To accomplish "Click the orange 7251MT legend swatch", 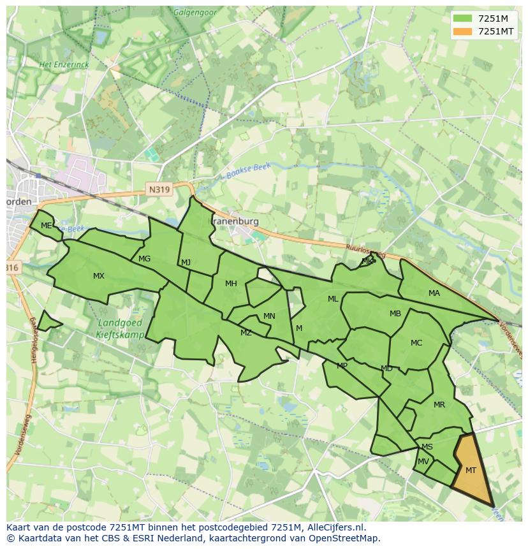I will (463, 31).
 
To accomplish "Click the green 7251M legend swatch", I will (463, 18).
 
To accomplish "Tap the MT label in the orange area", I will (471, 471).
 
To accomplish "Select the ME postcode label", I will (46, 226).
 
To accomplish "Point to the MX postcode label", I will (99, 276).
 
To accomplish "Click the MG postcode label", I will (145, 259).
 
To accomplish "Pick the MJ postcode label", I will (186, 263).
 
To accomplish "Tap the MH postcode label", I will (231, 284).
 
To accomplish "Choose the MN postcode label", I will (269, 316).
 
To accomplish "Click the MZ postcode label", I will (246, 333).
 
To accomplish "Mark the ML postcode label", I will (333, 299).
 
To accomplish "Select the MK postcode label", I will (367, 261).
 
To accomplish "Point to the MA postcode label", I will (434, 293).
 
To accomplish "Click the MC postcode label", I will (416, 343).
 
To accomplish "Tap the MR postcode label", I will (439, 405).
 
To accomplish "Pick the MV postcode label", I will (423, 462).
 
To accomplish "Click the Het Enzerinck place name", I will (64, 64).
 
